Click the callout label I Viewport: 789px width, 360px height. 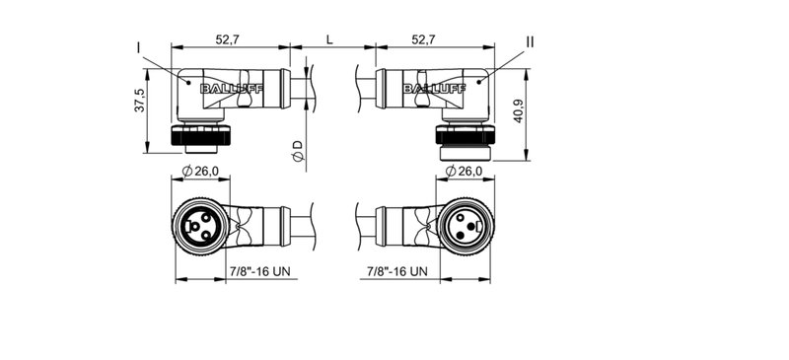(139, 45)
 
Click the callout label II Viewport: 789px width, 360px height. (530, 41)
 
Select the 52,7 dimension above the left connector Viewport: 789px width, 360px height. (230, 39)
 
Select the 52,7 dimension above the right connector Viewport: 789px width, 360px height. (423, 39)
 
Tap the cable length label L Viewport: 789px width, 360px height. (328, 39)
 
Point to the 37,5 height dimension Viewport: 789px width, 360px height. (140, 101)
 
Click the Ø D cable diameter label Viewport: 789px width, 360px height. (296, 151)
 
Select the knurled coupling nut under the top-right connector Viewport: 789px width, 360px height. (464, 141)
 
